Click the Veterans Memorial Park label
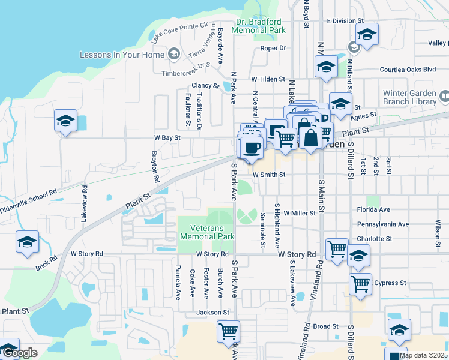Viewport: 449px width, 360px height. tap(207, 232)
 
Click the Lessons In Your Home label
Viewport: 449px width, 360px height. tap(122, 55)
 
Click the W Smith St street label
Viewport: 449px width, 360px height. tap(268, 175)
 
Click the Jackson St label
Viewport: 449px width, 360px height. tap(215, 313)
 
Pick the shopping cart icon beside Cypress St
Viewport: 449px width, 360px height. tap(360, 284)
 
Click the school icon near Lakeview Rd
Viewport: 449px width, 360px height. tap(65, 121)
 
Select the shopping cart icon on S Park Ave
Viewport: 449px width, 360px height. tap(228, 331)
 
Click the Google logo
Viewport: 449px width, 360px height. tap(20, 353)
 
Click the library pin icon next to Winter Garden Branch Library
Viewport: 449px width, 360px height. tap(444, 95)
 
